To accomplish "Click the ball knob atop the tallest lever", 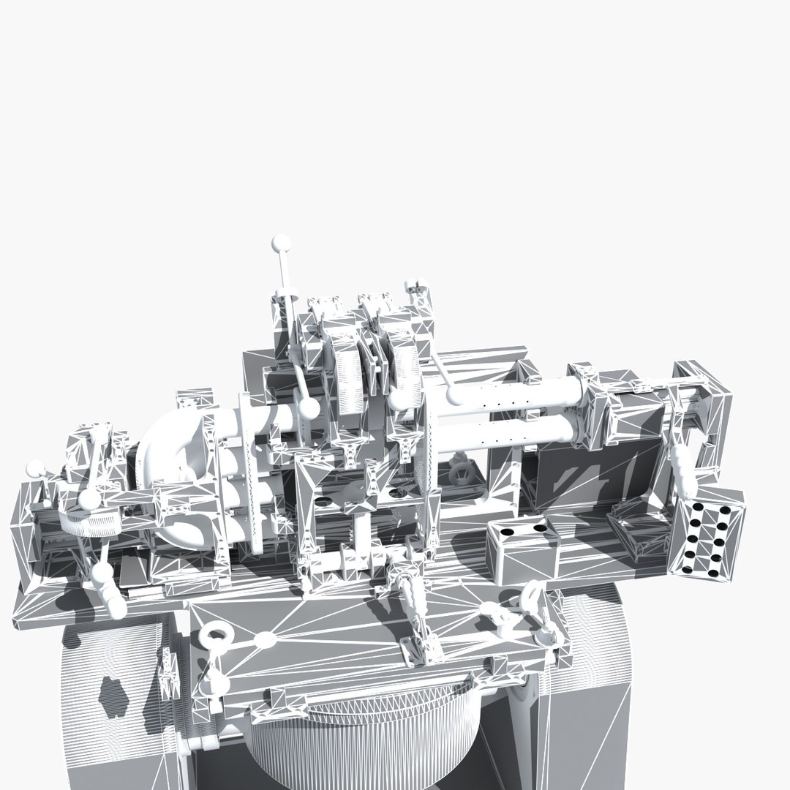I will click(x=279, y=242).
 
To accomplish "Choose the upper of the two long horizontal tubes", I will click(x=512, y=395).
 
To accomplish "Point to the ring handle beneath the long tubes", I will click(x=461, y=471).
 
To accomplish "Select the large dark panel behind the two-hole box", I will click(x=585, y=475).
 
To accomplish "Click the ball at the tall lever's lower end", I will click(x=310, y=407).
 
